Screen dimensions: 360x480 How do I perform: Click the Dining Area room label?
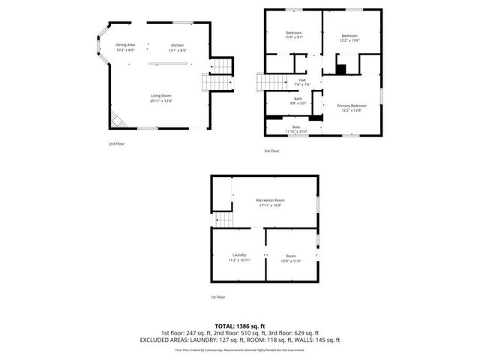[x=125, y=45]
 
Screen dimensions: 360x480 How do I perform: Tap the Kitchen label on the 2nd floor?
[x=177, y=45]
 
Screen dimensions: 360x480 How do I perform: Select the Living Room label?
[x=162, y=95]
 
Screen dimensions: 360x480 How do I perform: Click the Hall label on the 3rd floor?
[x=302, y=80]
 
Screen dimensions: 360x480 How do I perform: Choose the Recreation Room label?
[x=270, y=200]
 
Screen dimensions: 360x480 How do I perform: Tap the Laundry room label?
[x=239, y=255]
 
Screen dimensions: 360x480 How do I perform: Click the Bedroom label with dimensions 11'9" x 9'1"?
[x=293, y=34]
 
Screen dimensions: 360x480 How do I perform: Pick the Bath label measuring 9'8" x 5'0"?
[x=298, y=99]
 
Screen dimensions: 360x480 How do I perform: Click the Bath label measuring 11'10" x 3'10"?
[x=296, y=127]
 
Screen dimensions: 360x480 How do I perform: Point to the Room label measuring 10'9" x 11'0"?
[x=291, y=256]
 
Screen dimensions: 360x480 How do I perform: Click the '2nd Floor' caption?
[x=116, y=142]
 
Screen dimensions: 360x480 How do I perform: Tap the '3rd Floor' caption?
[x=271, y=151]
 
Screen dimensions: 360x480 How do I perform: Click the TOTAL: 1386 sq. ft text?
[x=239, y=326]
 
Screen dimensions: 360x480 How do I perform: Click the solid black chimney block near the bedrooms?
[x=341, y=70]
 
